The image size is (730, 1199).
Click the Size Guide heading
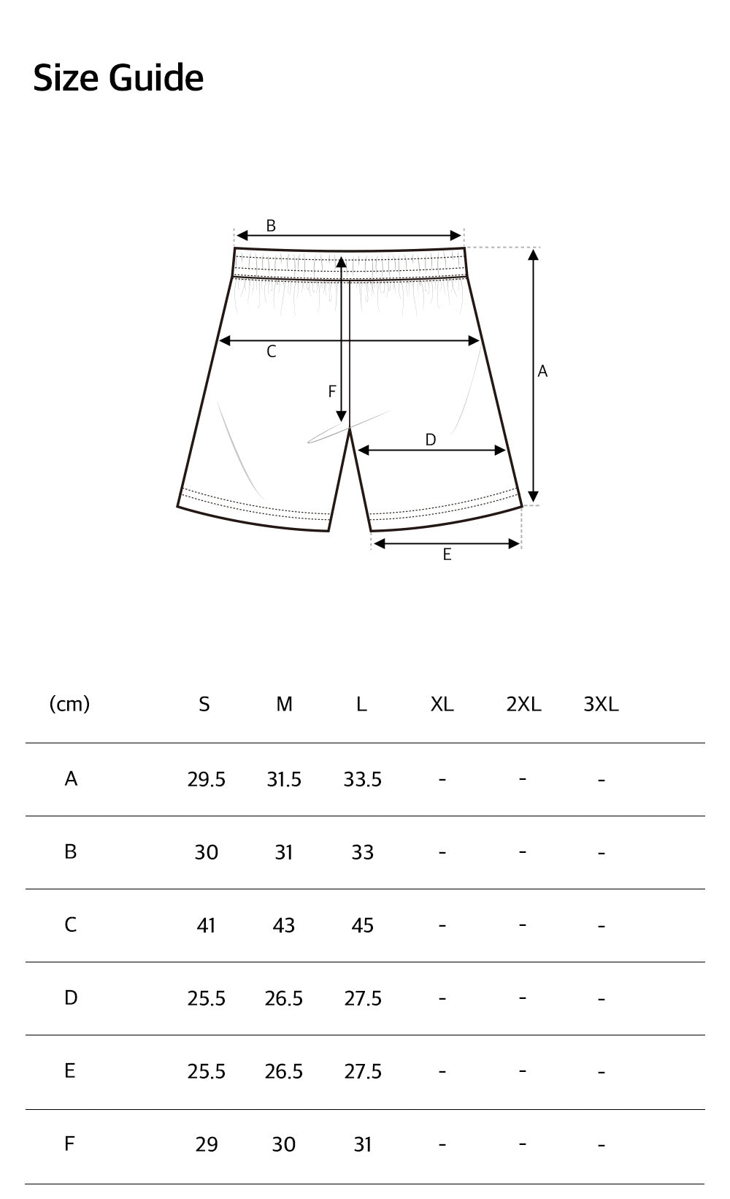pos(118,78)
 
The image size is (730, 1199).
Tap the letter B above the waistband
pos(271,226)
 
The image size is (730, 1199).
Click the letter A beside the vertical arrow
pos(542,371)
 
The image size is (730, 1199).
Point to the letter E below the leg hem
pos(447,554)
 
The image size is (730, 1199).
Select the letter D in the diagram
pos(430,440)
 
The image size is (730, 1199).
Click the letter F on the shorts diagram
pos(332,392)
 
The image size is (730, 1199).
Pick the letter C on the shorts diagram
pos(272,352)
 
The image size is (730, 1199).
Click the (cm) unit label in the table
pos(69,704)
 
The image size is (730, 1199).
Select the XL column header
pos(442,705)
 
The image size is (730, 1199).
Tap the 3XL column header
pos(601,705)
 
